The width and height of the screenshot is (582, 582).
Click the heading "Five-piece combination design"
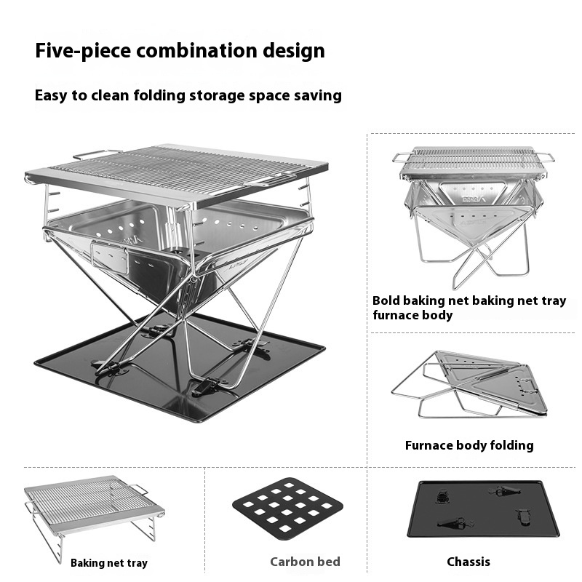coord(180,51)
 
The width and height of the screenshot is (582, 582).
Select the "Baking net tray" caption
coord(109,563)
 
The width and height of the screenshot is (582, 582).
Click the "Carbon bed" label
coord(305,562)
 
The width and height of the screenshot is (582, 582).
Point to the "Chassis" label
coord(469,562)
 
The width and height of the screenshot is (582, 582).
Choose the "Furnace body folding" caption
coord(469,445)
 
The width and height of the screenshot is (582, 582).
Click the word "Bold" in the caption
coord(386,300)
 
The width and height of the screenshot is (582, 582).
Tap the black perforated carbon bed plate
coord(287,509)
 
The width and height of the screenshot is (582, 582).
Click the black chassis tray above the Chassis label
coord(483,509)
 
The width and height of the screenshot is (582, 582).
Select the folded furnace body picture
coord(469,385)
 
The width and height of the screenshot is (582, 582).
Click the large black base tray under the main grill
coord(180,367)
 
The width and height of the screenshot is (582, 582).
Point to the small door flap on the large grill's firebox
coord(110,258)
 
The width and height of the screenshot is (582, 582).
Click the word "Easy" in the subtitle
coord(51,96)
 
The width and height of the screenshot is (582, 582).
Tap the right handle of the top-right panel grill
coord(545,156)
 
